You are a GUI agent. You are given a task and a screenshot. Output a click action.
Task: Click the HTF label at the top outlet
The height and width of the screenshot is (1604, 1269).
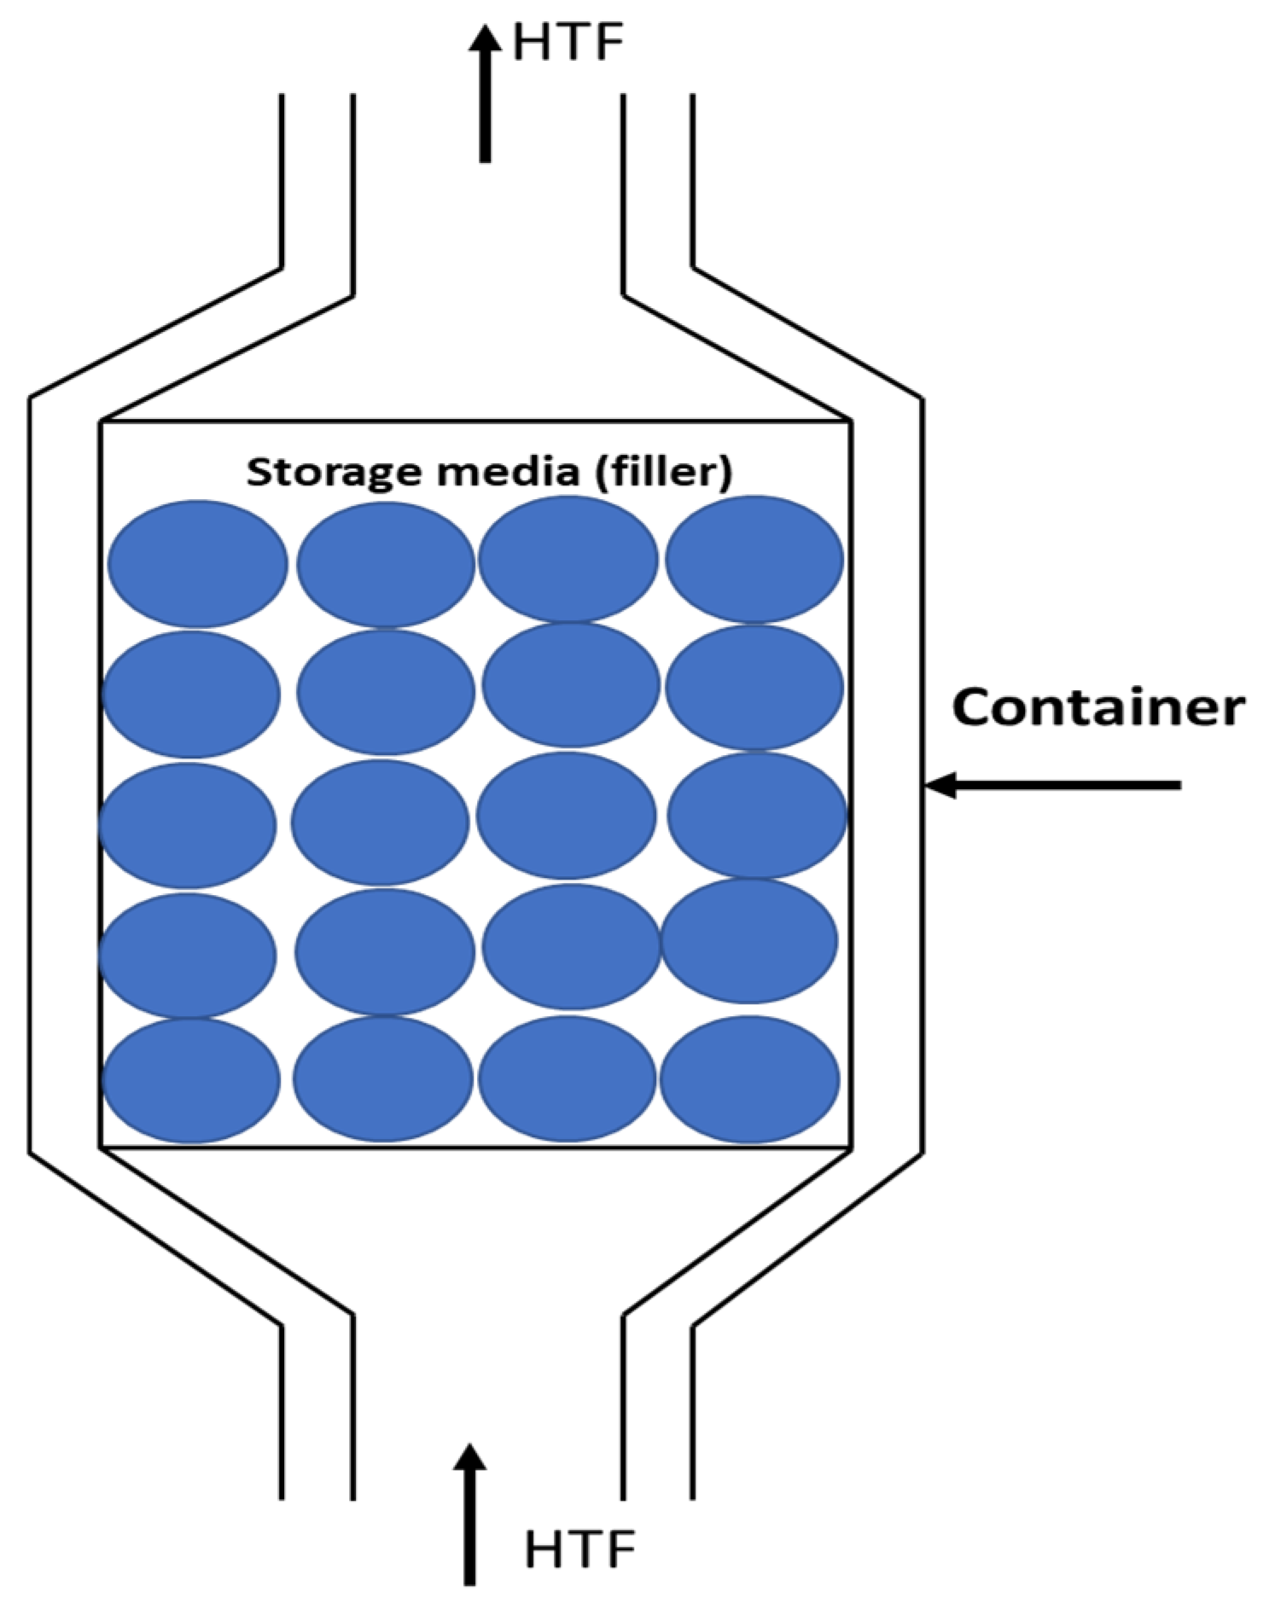coord(568,43)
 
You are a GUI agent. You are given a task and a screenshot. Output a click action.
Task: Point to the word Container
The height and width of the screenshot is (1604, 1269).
coord(1097,708)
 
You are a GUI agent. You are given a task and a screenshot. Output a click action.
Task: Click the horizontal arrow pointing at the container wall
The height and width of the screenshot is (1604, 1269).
coord(1053,784)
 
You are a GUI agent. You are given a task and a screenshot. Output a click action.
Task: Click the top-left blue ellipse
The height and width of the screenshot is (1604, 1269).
coord(197,564)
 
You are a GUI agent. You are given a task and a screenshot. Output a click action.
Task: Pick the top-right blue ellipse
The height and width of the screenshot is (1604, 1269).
coord(754,560)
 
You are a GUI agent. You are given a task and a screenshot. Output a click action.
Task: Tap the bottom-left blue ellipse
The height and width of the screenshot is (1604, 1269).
coord(191,1080)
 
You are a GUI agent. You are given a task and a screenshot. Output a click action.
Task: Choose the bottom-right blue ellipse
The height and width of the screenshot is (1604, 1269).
coord(749,1079)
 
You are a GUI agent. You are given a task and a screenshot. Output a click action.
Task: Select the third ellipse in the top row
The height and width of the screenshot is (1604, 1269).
coord(568,560)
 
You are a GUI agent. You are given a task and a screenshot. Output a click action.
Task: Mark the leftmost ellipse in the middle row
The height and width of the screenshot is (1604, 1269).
coord(188,826)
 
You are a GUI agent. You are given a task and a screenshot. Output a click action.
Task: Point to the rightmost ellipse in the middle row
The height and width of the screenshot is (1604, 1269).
coord(756,815)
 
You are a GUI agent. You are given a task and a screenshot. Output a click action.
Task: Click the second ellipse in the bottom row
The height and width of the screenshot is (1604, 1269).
coord(383,1078)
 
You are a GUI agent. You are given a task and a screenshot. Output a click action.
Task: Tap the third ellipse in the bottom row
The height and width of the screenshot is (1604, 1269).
coord(568,1078)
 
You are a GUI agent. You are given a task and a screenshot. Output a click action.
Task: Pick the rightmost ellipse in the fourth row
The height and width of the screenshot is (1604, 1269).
coord(749,941)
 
